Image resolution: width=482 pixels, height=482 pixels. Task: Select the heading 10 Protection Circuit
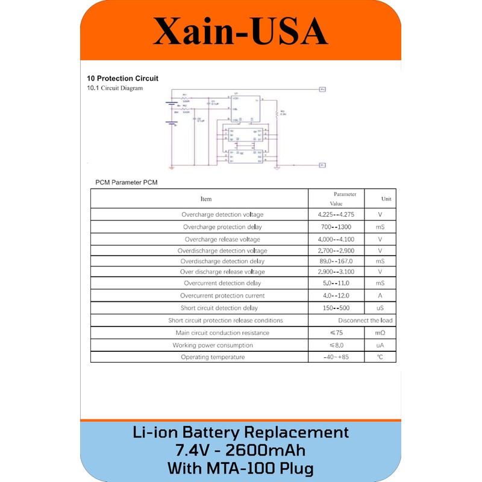(122, 78)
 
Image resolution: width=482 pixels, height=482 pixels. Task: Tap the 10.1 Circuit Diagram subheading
(115, 88)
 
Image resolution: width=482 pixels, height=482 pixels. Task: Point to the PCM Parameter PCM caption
(127, 182)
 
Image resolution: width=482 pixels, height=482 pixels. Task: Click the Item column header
(206, 198)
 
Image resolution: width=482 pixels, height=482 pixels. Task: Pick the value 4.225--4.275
(336, 214)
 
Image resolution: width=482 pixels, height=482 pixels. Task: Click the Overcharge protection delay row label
(222, 227)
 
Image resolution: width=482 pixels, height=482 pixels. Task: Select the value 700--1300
(336, 227)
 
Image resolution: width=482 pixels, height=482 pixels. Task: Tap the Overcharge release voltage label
(222, 239)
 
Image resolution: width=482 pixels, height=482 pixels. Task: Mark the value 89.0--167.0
(335, 261)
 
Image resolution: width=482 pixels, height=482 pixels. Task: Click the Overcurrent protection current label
(222, 296)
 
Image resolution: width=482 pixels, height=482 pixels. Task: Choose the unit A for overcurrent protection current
(380, 296)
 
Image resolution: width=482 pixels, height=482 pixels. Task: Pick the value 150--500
(336, 307)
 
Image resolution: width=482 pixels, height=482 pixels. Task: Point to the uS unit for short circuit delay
(380, 307)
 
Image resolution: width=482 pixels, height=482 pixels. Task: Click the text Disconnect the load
(365, 321)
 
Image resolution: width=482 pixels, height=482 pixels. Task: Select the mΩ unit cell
(380, 333)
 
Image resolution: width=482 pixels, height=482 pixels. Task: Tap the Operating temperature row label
(213, 357)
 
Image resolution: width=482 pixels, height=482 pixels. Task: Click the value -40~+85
(336, 357)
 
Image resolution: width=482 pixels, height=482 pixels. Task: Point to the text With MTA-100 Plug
(240, 468)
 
